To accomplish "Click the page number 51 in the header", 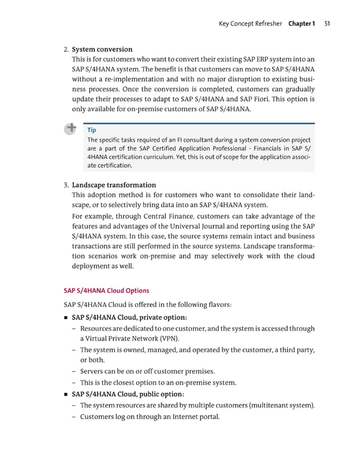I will point(327,24).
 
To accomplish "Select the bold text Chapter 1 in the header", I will point(301,24).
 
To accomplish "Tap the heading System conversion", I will point(102,49).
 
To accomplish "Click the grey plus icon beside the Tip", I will point(71,129).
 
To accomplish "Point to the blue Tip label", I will point(92,130).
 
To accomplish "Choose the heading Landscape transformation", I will point(114,185).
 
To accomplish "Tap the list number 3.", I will point(65,185).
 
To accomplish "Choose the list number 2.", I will point(65,49).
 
